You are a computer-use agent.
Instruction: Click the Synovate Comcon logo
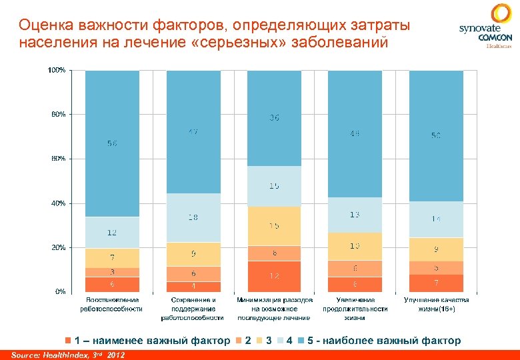click(485, 27)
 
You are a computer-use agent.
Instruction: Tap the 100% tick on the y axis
click(57, 70)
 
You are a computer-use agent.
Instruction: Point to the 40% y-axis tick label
click(57, 203)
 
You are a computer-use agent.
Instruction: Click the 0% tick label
click(59, 291)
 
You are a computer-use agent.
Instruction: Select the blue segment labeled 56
click(112, 143)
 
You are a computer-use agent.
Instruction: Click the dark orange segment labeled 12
click(274, 276)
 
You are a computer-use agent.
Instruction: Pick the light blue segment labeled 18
click(193, 217)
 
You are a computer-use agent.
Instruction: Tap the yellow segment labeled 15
click(274, 226)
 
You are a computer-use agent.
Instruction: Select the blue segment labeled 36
click(274, 117)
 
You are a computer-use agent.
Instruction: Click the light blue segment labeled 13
click(355, 215)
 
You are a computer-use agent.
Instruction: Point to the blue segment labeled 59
click(435, 135)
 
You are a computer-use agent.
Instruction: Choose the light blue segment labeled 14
click(435, 219)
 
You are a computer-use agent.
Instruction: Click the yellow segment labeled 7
click(112, 257)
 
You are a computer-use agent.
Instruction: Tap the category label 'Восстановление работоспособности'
click(112, 305)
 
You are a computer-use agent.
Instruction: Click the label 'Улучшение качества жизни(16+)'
click(436, 305)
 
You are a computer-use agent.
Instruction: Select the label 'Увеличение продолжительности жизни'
click(355, 309)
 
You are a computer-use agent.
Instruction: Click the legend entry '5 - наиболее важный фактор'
click(383, 341)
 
